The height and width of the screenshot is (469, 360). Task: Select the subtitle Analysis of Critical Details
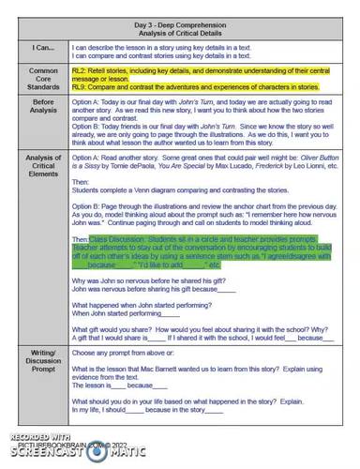tap(198, 30)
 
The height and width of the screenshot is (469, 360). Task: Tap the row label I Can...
tap(41, 46)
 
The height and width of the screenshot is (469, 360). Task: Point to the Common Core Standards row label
tap(41, 78)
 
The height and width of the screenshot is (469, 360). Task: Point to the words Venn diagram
tap(153, 189)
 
